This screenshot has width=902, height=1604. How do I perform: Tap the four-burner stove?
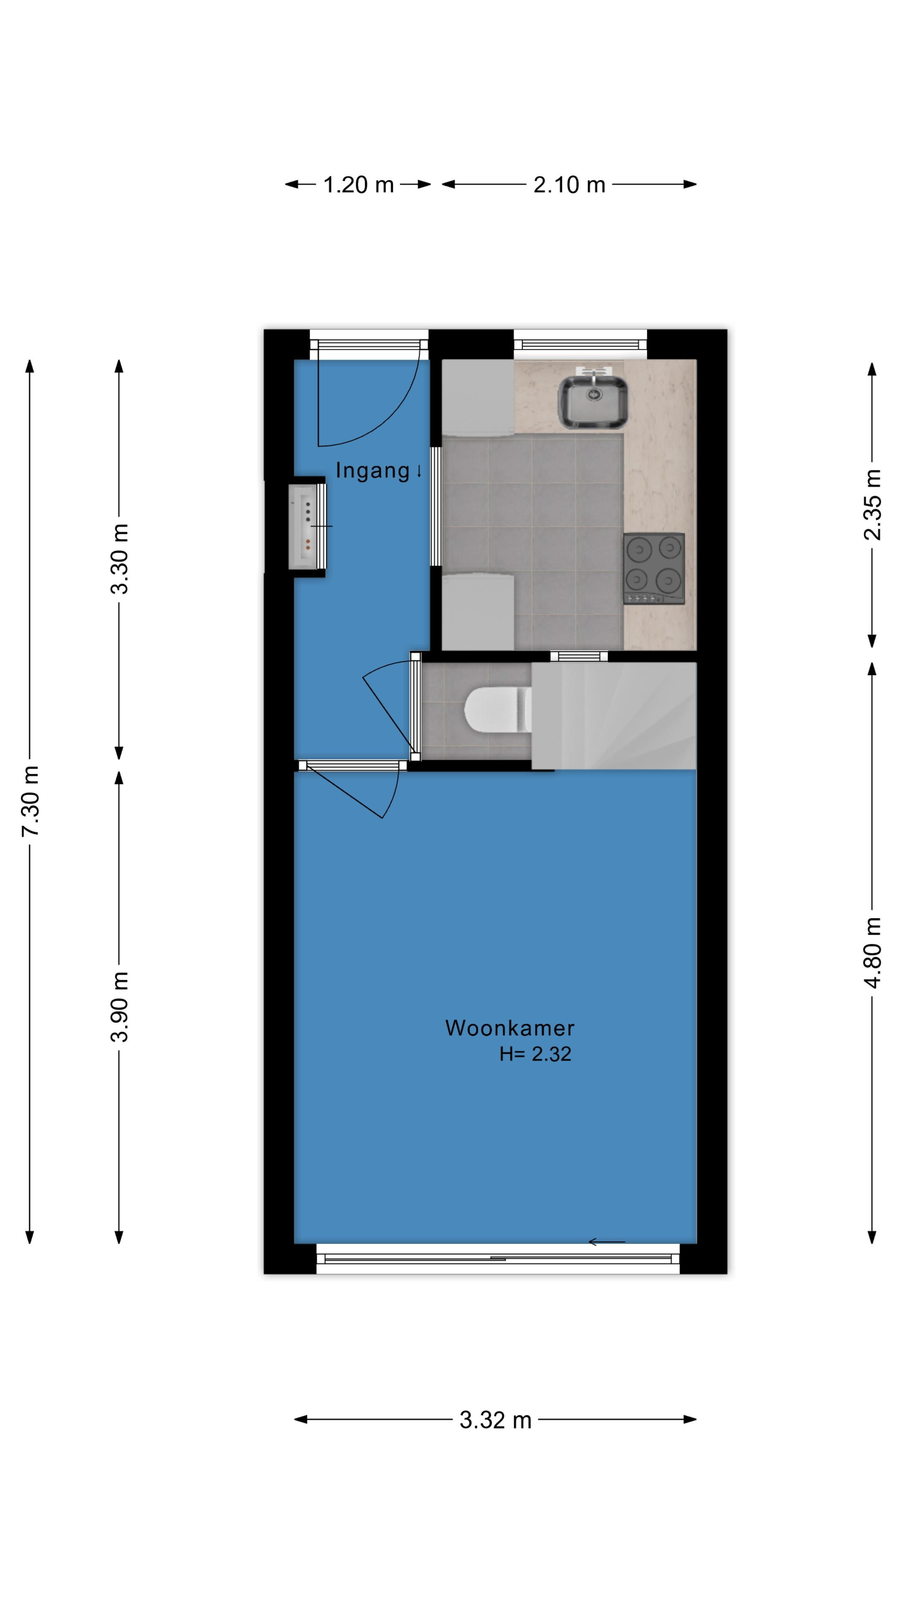(654, 569)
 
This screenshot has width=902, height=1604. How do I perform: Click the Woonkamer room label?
(509, 1028)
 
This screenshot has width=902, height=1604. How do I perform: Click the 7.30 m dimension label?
(30, 801)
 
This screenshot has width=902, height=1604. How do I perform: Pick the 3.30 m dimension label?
(119, 558)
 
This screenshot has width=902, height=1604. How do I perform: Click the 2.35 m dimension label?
(873, 504)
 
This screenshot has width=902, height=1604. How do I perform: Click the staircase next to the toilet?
(614, 716)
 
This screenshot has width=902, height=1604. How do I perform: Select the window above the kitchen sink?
(580, 344)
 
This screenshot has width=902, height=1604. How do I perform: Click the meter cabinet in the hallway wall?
(306, 527)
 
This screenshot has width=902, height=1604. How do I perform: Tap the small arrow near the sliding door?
(606, 1243)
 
